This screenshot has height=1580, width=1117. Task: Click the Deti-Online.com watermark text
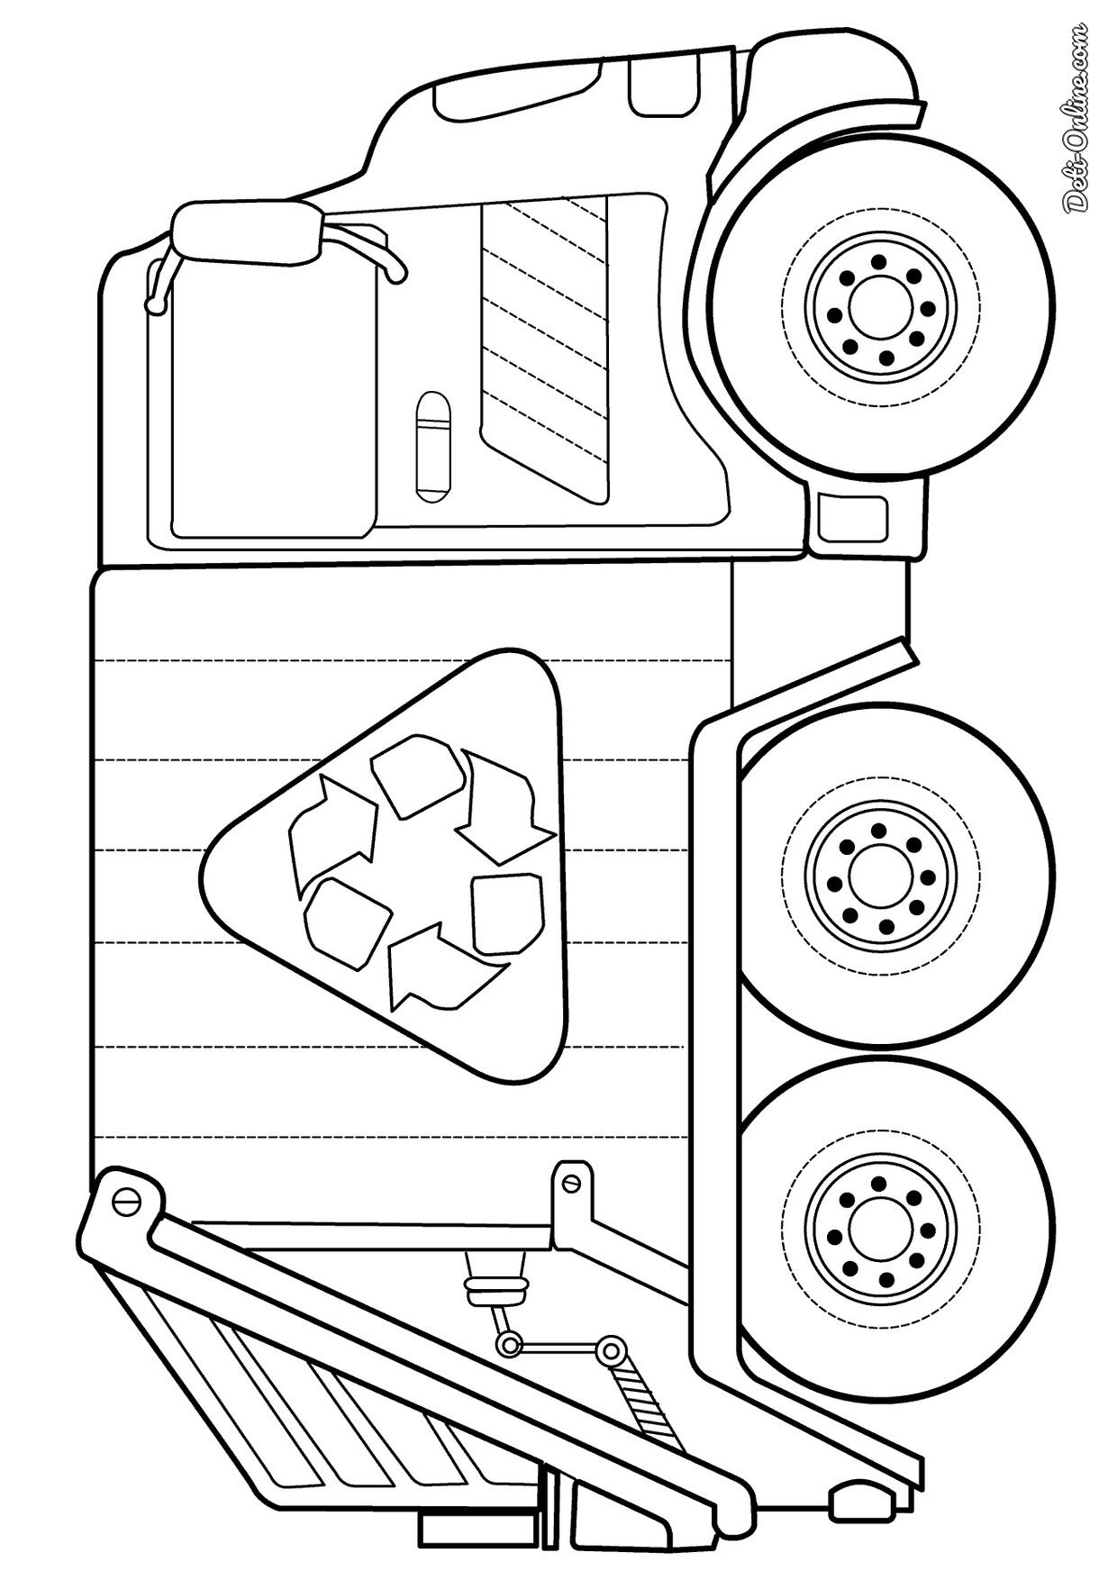[1077, 117]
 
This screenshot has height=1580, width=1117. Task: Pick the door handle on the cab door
[432, 446]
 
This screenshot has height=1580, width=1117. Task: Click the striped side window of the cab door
[546, 347]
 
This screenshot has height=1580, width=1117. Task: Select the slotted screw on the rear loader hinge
[125, 1201]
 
